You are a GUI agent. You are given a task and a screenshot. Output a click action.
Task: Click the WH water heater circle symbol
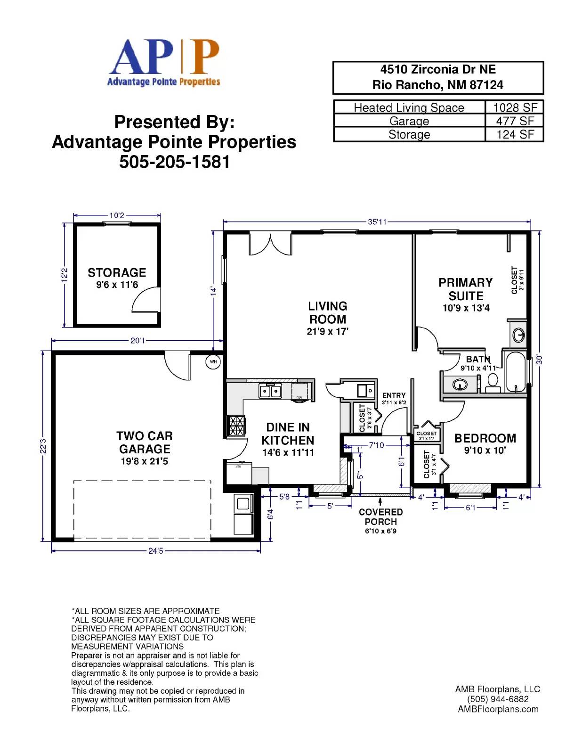point(213,362)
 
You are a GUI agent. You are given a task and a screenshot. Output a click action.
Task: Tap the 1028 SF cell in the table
point(515,107)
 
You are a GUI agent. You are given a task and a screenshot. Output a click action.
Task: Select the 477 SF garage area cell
point(515,121)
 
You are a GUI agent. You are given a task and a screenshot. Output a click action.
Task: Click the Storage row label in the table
point(409,135)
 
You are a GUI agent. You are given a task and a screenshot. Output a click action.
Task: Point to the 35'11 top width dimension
point(377,222)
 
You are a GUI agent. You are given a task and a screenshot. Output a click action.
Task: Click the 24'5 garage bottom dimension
point(155,551)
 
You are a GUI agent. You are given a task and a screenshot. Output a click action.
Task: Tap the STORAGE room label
point(117,273)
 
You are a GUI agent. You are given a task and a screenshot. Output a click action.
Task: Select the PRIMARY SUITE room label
point(465,289)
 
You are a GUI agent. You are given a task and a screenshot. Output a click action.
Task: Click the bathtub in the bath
point(515,372)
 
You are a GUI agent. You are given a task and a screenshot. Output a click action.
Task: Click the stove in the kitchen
point(237,426)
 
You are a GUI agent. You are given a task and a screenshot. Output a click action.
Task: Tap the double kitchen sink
point(270,391)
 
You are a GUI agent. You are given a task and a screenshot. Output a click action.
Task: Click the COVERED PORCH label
point(380,517)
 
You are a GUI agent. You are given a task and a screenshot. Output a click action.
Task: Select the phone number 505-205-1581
point(174,162)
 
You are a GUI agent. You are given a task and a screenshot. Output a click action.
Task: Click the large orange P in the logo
point(205,57)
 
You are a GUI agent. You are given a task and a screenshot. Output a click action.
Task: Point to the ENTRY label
point(394,395)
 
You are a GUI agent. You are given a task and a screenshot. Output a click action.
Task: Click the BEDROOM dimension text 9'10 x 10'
point(485,451)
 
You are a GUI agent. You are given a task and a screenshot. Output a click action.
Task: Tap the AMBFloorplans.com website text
point(498,709)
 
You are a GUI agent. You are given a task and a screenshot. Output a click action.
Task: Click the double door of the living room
point(270,244)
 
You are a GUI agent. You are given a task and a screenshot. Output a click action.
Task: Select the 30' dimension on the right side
point(539,360)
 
